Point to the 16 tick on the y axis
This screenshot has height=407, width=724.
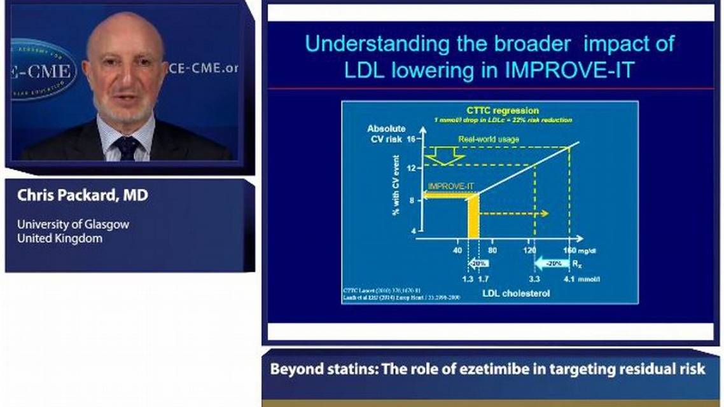tap(411, 139)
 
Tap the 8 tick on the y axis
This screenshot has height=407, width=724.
tap(412, 200)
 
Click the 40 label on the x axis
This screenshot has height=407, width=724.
tap(457, 251)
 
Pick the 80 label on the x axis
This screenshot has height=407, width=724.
tap(492, 251)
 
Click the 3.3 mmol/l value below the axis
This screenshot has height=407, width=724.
tap(533, 279)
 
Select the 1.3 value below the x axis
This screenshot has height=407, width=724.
tap(467, 279)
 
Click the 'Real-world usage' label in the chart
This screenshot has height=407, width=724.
tap(489, 139)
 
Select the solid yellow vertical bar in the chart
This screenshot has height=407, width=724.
tap(473, 217)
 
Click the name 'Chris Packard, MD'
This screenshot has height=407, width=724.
tap(83, 196)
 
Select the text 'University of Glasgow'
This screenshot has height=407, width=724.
tap(73, 224)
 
